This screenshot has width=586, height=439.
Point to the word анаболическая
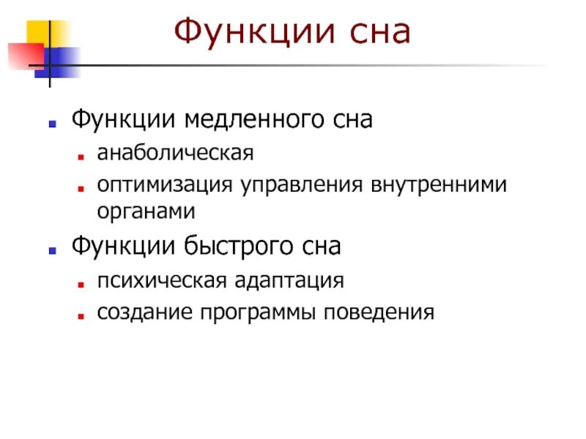pos(175,155)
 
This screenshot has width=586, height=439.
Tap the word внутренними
pos(435,184)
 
